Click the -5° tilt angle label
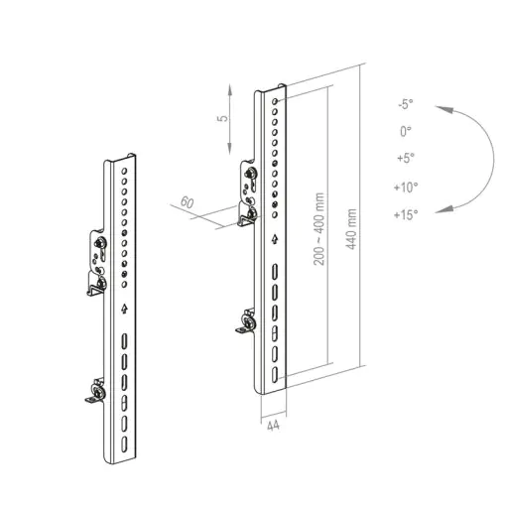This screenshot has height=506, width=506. point(406,104)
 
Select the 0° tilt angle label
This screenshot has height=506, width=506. point(406,131)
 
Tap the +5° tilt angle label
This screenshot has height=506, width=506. point(406,158)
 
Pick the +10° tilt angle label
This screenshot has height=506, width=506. point(406,188)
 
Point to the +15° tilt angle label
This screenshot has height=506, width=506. point(406,214)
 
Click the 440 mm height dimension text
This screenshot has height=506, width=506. point(351,229)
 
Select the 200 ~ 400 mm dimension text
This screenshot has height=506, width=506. point(318,229)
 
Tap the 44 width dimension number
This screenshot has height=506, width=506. point(273,426)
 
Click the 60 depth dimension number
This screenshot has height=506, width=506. point(187,202)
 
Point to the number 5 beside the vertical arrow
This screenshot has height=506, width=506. point(223,118)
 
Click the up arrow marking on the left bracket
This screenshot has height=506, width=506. point(124,309)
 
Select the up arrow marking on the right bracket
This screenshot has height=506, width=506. point(275,239)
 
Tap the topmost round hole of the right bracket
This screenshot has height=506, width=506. point(275,101)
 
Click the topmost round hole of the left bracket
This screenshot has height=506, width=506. point(124,171)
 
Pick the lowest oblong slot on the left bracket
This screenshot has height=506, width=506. point(124,444)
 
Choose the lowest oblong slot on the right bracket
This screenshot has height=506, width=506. point(275,375)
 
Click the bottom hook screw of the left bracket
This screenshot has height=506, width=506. point(99,392)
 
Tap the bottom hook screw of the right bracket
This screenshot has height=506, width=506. point(249,322)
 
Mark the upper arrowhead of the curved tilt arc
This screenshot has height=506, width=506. point(444,109)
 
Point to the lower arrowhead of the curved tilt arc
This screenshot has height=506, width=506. point(444,209)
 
